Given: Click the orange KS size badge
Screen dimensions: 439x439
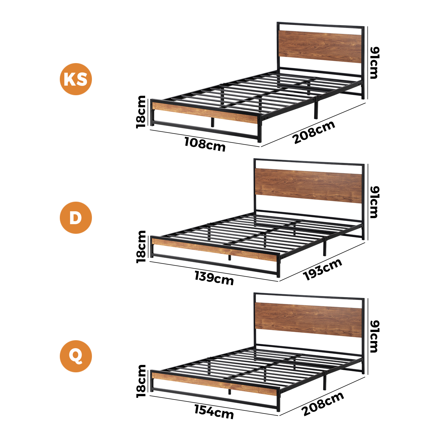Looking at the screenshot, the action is [76, 79].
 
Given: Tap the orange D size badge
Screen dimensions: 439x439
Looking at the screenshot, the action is [76, 218].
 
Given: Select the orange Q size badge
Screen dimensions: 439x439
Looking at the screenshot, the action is [76, 356].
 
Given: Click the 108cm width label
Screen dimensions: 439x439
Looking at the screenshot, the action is [205, 144].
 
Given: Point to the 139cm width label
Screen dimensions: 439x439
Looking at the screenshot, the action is [214, 278].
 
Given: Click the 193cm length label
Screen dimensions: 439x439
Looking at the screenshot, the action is [323, 269].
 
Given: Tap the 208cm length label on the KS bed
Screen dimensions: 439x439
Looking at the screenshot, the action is [314, 132].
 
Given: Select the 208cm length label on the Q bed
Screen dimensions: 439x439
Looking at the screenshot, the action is [323, 404].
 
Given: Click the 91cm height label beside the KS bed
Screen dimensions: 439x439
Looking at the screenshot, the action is [375, 63].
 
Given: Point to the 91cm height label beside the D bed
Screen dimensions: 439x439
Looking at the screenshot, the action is [375, 202].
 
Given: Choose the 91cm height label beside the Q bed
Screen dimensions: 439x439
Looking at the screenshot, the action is [375, 336].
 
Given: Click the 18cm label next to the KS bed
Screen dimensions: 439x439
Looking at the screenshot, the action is [141, 112].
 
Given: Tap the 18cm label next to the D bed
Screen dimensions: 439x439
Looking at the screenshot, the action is [141, 247].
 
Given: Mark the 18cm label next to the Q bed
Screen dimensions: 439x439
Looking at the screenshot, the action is [141, 381].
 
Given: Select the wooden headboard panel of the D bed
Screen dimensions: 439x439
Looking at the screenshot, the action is [309, 186].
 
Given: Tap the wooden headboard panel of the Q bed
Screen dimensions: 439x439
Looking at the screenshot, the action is [309, 320].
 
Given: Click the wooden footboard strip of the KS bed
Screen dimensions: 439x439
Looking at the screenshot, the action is [205, 112].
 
